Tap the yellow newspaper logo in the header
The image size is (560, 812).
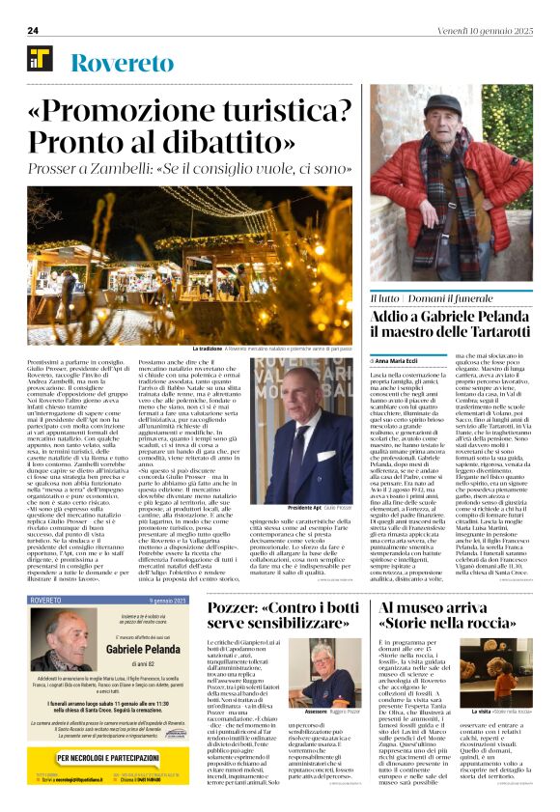tap(40, 59)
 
